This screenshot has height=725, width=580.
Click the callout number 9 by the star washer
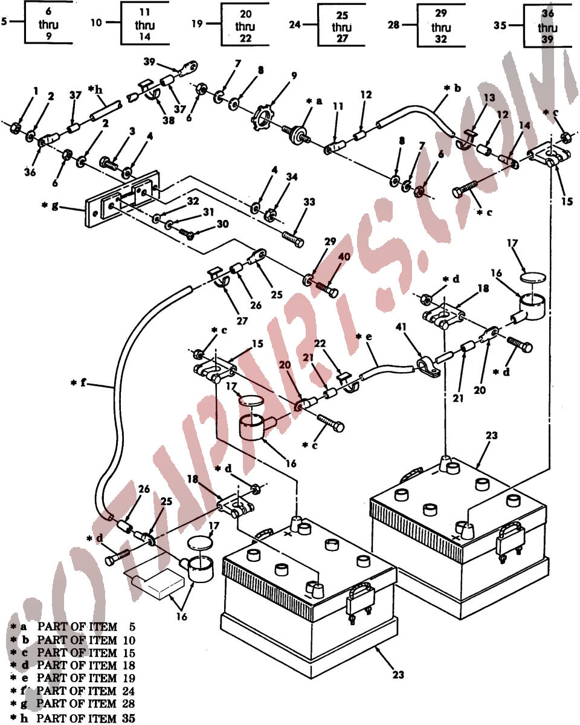click(294, 76)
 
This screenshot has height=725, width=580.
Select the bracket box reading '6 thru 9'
click(48, 23)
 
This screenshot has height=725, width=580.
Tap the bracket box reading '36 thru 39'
click(547, 26)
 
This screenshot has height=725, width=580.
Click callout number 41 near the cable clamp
click(401, 327)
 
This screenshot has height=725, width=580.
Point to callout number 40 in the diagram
click(344, 257)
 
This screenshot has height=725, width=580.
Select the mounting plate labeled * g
click(122, 199)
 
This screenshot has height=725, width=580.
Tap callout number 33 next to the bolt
click(309, 202)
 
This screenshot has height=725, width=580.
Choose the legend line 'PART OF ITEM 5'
click(86, 627)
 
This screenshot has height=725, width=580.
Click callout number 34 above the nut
click(292, 176)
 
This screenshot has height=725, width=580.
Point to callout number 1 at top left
click(36, 91)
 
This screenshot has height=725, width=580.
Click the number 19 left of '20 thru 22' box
click(197, 24)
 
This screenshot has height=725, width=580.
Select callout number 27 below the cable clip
click(242, 321)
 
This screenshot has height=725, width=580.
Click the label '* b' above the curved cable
click(453, 88)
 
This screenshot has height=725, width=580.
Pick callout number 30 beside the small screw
click(223, 224)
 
